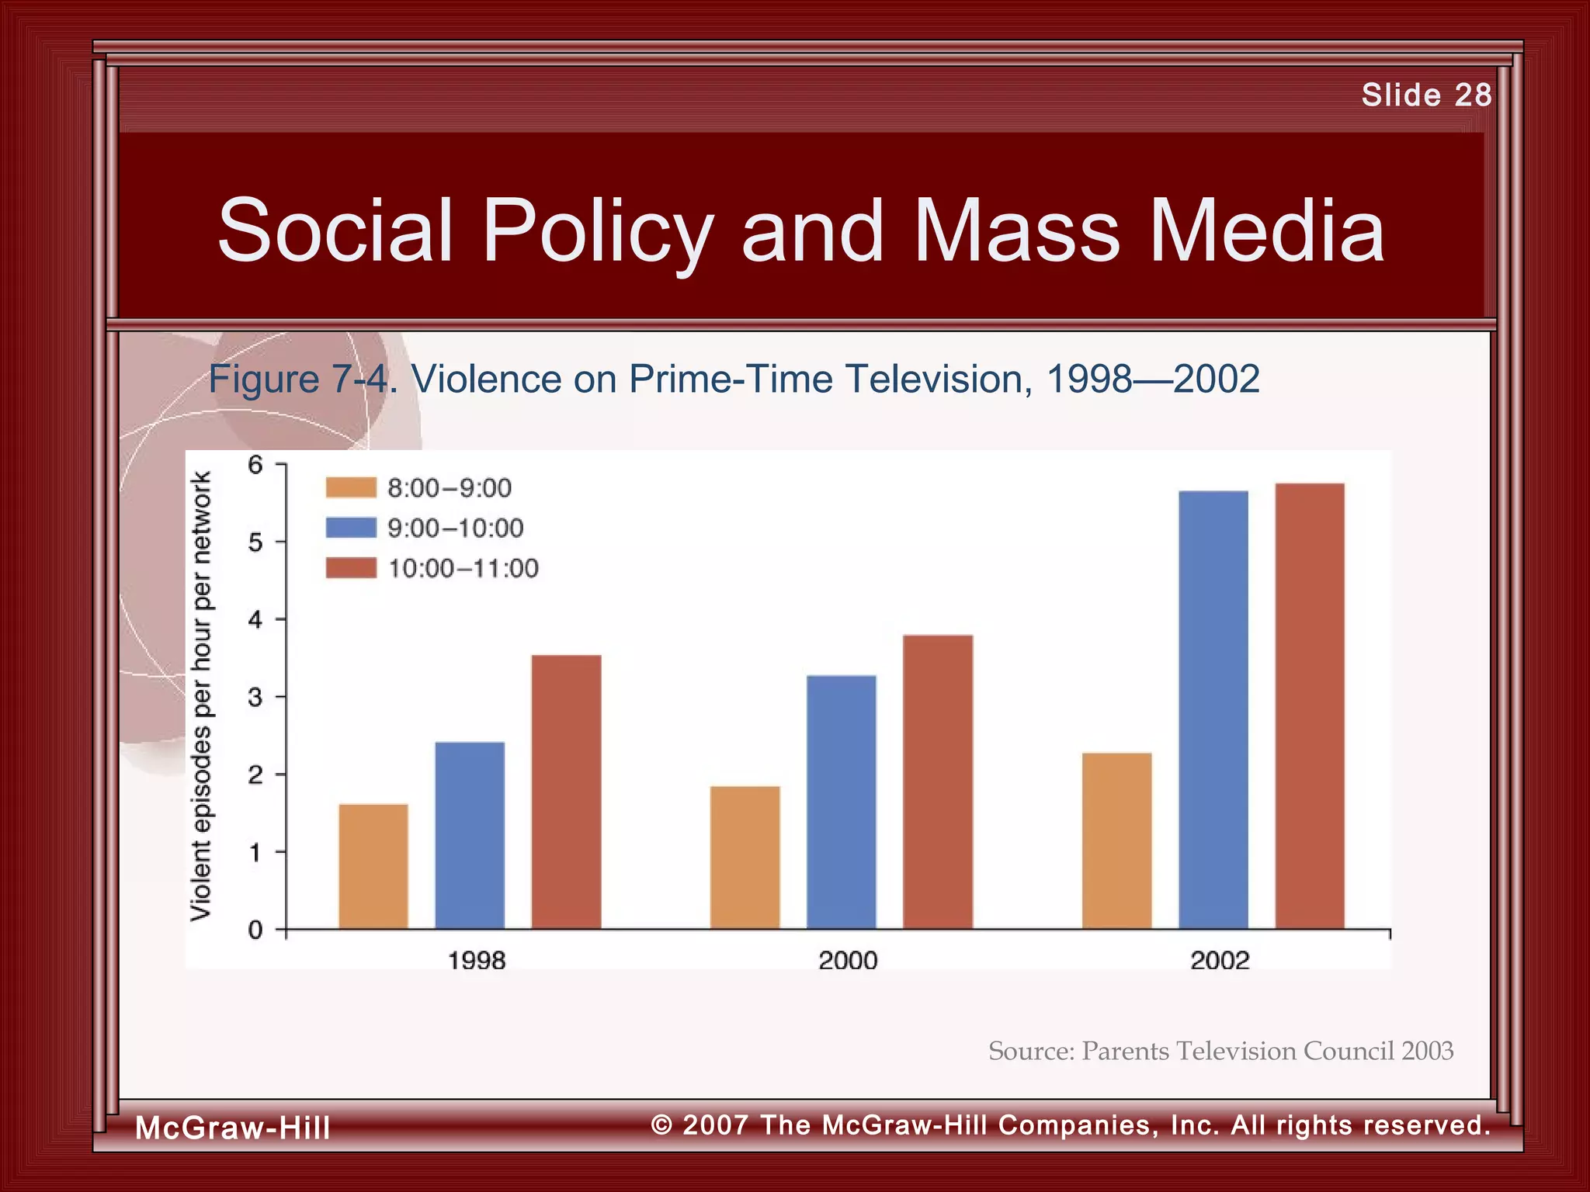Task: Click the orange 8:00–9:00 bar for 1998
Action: click(373, 866)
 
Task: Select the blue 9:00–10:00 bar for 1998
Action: click(470, 835)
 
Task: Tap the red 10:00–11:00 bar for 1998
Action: click(566, 792)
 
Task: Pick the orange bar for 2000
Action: click(745, 857)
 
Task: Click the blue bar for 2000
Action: click(841, 802)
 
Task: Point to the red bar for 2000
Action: click(937, 781)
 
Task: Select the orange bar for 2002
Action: click(1116, 840)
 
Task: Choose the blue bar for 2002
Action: click(1213, 709)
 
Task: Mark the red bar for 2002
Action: click(1310, 705)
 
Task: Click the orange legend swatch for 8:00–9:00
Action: click(351, 487)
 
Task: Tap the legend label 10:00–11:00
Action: click(463, 568)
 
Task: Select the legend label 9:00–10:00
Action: click(455, 528)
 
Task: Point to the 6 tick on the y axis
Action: click(255, 465)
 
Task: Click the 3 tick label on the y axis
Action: click(255, 697)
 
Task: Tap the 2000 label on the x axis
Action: click(848, 961)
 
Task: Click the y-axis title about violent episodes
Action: click(200, 696)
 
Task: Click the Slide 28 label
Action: click(1425, 95)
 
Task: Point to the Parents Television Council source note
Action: click(1220, 1051)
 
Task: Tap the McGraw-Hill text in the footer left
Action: click(232, 1128)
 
